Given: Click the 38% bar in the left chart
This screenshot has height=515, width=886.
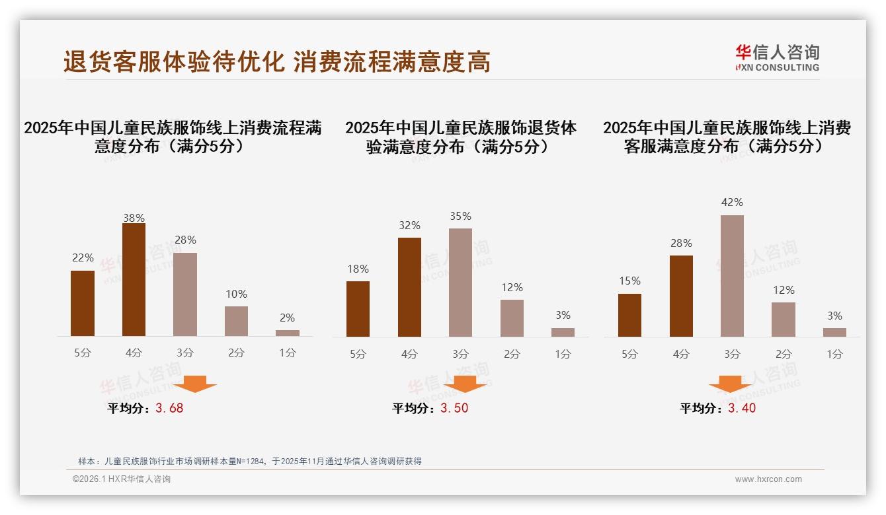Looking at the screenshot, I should (134, 280).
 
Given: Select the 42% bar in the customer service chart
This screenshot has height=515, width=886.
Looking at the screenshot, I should (732, 276).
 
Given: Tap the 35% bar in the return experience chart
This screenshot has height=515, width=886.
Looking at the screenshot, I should (460, 283).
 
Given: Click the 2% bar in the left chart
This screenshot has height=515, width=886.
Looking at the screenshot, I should (288, 333).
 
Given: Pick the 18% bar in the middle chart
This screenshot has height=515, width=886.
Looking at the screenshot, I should (358, 309).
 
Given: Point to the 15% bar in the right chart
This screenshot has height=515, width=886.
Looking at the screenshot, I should (629, 315).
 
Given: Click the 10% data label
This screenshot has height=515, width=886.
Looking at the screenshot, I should (236, 294).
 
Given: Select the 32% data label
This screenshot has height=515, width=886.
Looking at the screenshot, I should (409, 226).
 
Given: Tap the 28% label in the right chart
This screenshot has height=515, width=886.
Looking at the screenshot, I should (681, 244).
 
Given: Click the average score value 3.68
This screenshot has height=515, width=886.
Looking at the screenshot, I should (169, 408).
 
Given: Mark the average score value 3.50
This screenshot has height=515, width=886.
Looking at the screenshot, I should (454, 408).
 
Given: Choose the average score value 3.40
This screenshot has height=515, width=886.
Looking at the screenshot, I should (742, 408).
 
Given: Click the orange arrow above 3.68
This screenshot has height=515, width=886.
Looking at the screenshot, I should (196, 384).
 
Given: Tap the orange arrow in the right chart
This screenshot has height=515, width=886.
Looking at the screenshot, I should (730, 384).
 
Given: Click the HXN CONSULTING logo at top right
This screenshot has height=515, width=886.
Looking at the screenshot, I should (777, 58).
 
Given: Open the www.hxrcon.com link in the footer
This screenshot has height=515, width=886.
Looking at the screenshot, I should (768, 479).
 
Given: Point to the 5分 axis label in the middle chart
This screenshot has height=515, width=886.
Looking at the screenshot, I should (358, 354).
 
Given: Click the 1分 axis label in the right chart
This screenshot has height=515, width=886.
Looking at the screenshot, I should (834, 354).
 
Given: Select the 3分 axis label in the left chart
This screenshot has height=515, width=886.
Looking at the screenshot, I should (185, 353).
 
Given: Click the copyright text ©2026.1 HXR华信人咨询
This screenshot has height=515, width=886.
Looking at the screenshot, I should (122, 479).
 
